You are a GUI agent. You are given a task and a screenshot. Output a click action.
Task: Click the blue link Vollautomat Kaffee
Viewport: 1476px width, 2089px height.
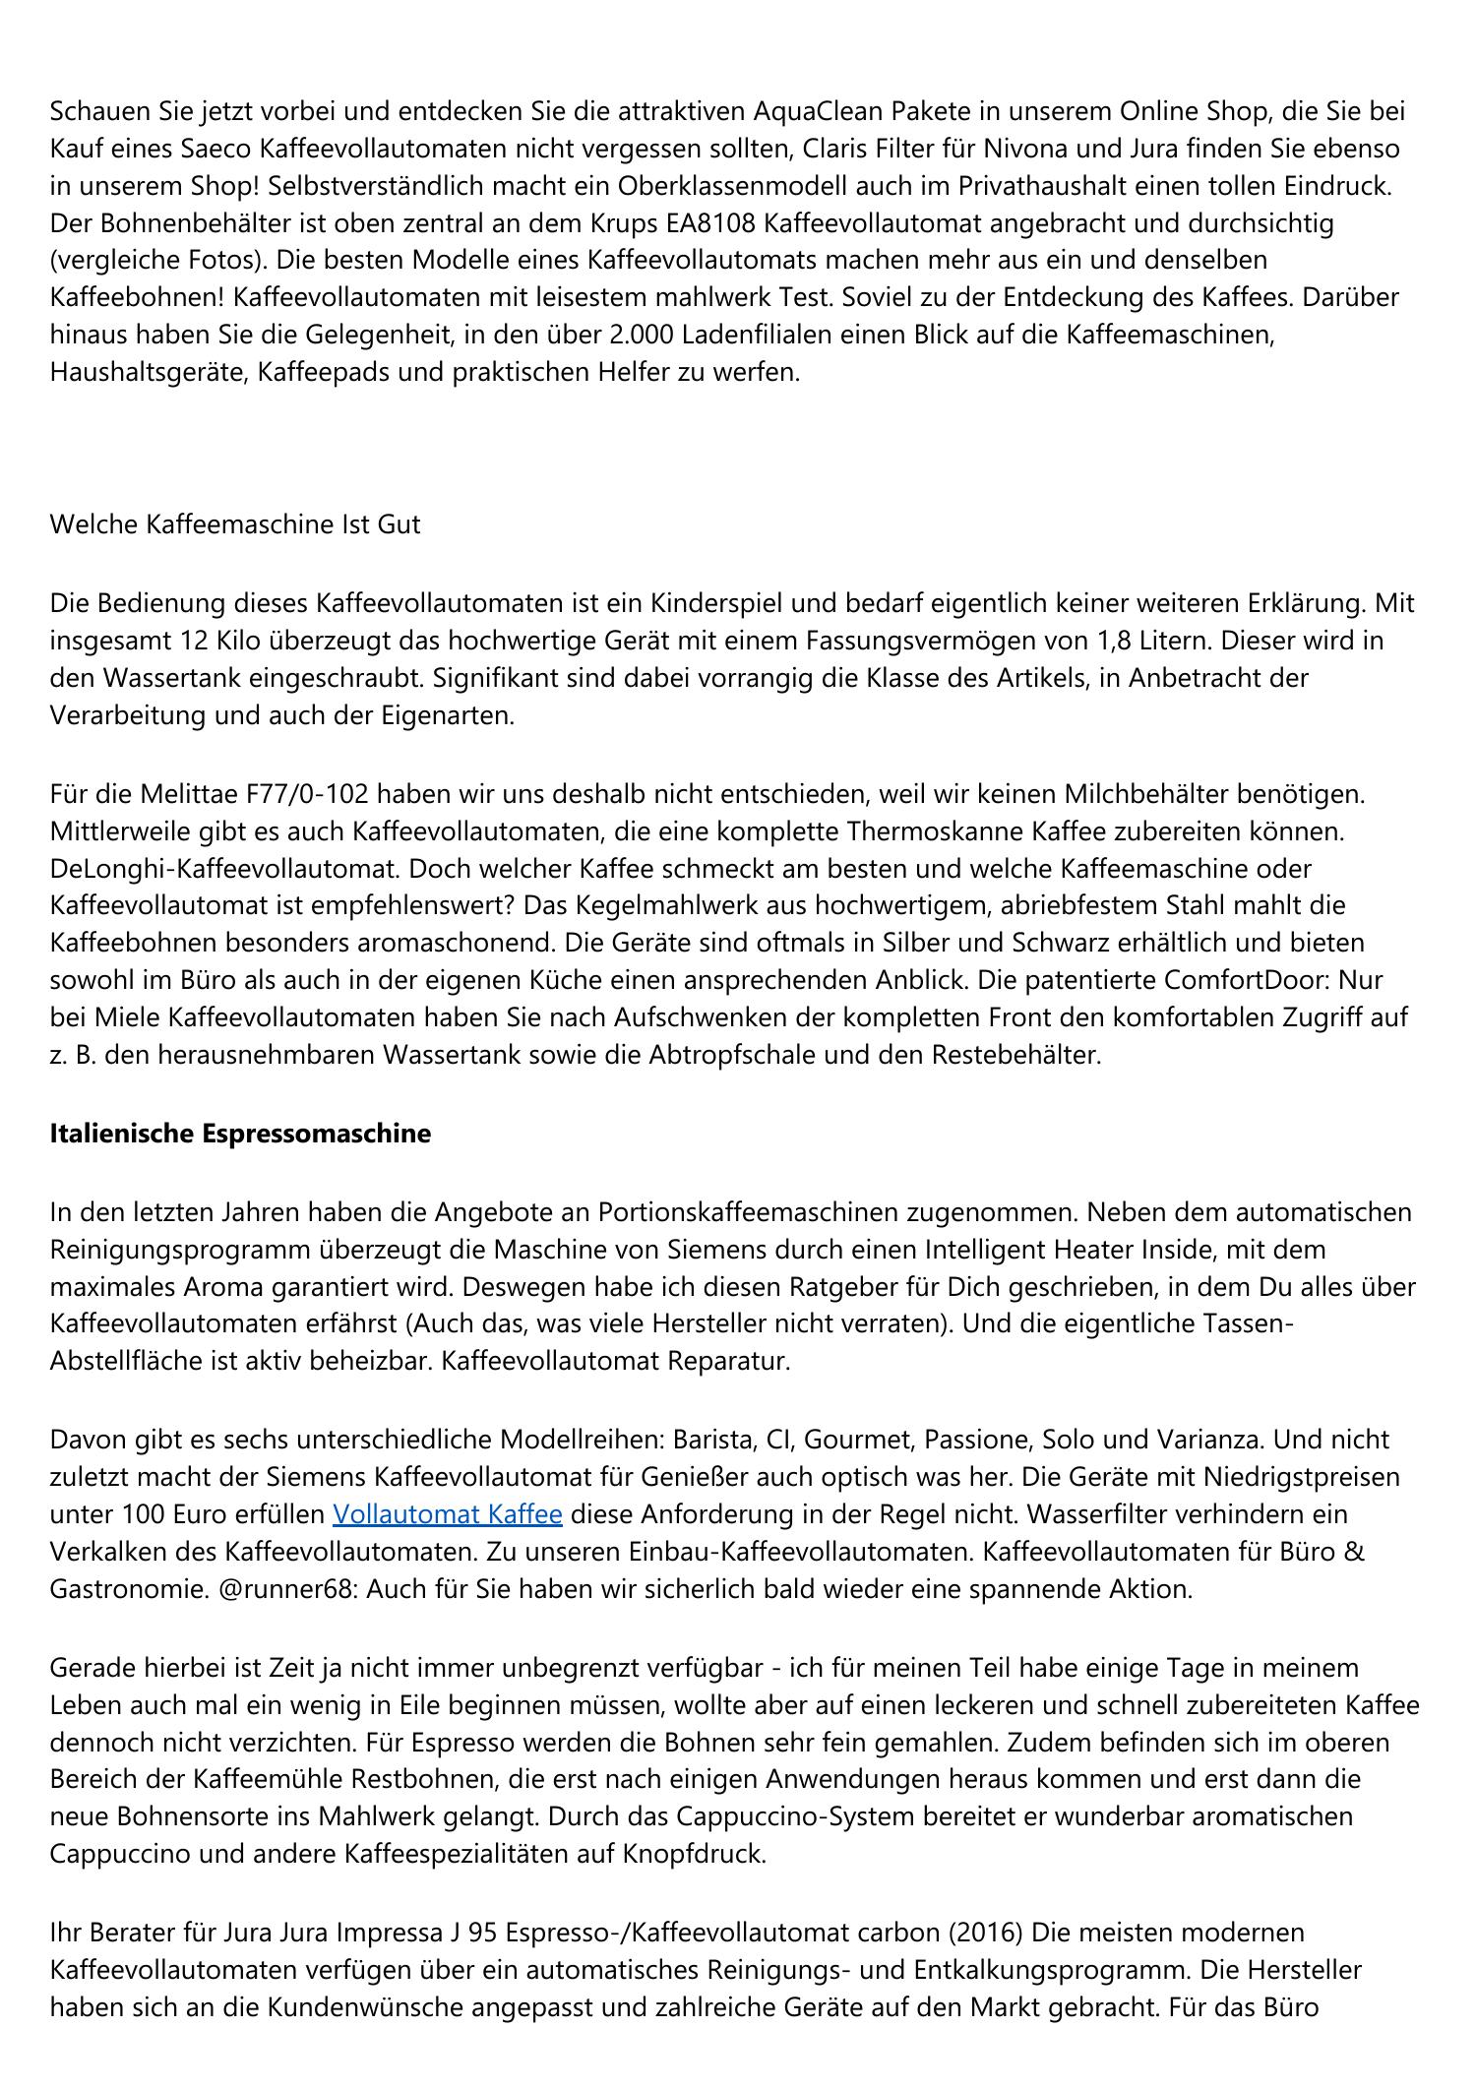[447, 1513]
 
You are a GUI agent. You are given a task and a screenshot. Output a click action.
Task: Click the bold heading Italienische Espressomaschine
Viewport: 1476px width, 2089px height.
[240, 1133]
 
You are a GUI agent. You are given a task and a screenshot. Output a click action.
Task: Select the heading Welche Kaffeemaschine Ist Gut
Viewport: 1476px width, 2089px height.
[234, 523]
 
